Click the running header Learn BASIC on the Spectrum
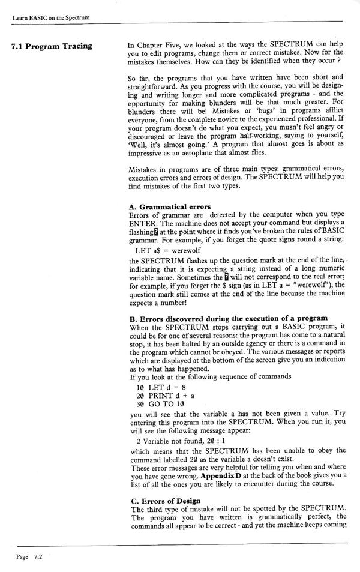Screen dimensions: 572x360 (x=50, y=17)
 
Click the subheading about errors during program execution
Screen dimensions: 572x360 (x=228, y=318)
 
